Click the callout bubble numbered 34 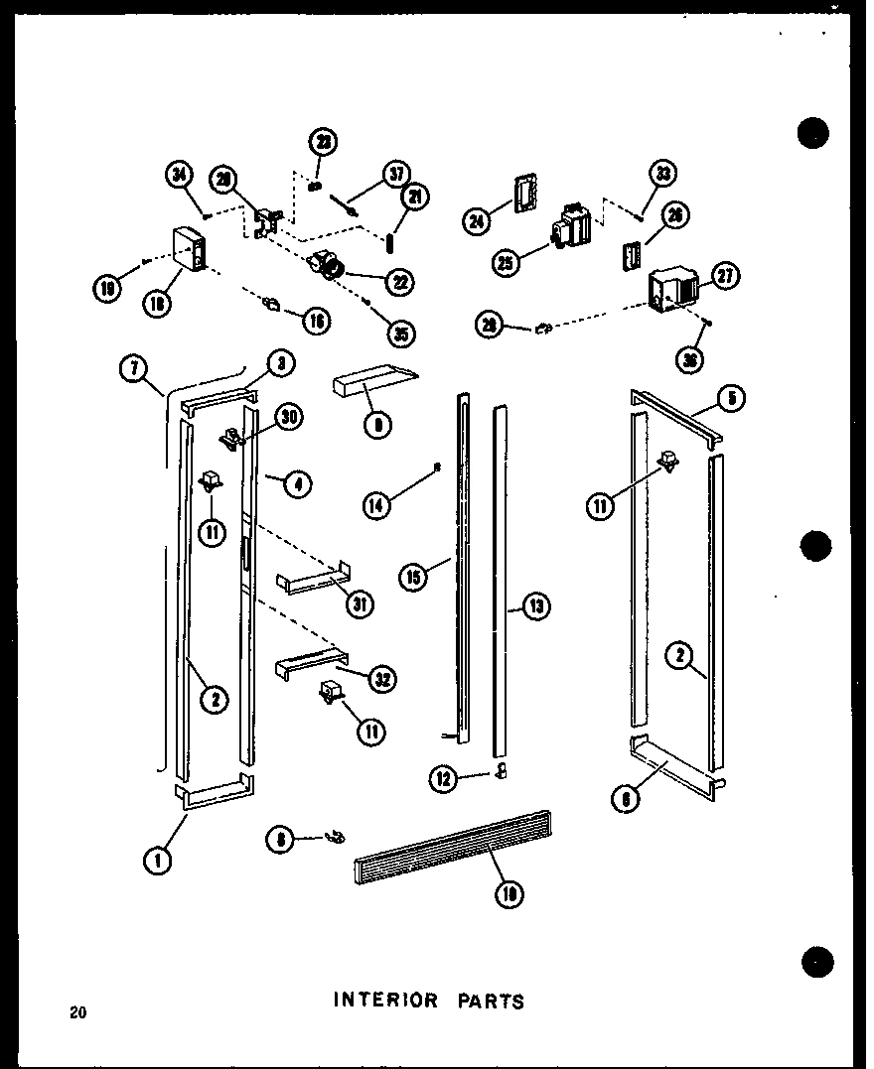pos(179,178)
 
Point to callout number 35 pos(402,334)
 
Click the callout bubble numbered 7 pos(134,367)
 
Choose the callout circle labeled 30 pos(289,417)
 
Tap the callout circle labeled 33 pos(663,175)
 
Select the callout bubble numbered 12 pos(443,780)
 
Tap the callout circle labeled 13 pos(537,606)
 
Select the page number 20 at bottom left pos(78,1013)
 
